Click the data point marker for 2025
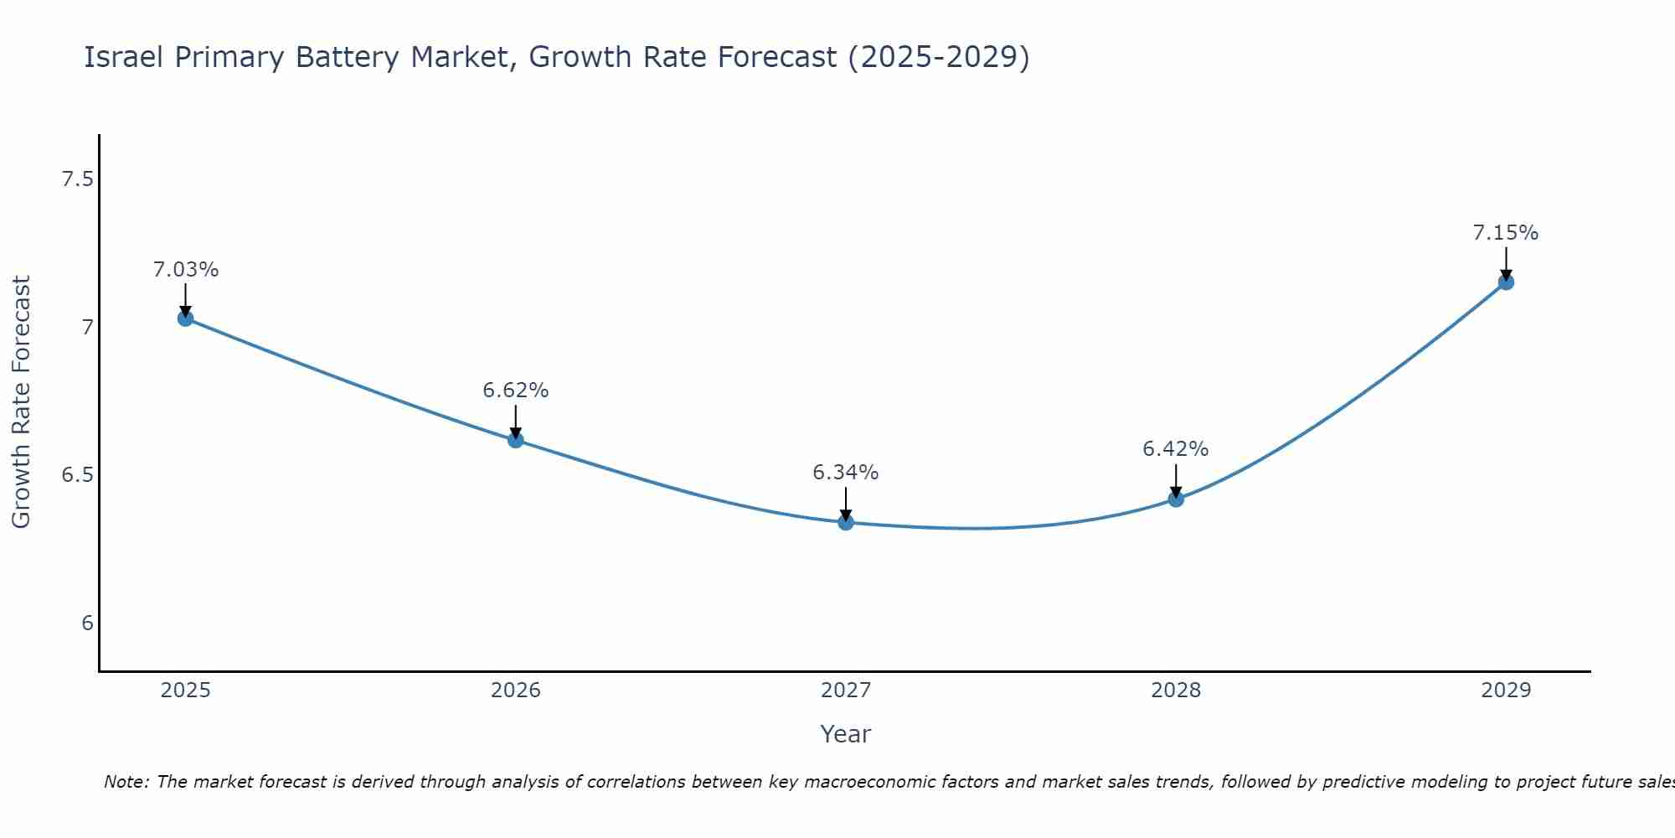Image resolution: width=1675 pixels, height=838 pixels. tap(185, 318)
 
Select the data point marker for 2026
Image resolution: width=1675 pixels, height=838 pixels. tap(515, 439)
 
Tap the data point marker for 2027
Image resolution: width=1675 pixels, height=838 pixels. tap(845, 522)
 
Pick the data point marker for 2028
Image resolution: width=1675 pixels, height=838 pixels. tap(1175, 499)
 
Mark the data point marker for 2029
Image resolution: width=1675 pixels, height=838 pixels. tap(1505, 282)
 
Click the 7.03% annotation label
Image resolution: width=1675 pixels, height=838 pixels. tap(185, 270)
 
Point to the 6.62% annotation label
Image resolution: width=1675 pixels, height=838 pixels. tap(515, 391)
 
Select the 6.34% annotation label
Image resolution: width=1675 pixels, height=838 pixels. tap(845, 473)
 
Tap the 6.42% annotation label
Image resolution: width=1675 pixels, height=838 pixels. tap(1175, 449)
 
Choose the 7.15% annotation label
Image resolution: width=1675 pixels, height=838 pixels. tap(1505, 233)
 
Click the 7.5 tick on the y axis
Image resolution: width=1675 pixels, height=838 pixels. tap(77, 179)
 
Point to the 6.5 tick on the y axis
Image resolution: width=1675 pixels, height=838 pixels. tap(77, 475)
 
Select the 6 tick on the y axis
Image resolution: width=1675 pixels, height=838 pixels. tap(87, 623)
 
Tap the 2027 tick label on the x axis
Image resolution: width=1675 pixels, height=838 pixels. tap(845, 691)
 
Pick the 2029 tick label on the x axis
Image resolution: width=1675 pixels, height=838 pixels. tap(1505, 691)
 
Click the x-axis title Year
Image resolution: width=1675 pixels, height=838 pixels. tap(845, 734)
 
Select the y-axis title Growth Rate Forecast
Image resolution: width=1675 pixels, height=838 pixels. tap(22, 402)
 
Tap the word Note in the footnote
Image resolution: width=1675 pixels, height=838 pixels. tap(125, 782)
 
